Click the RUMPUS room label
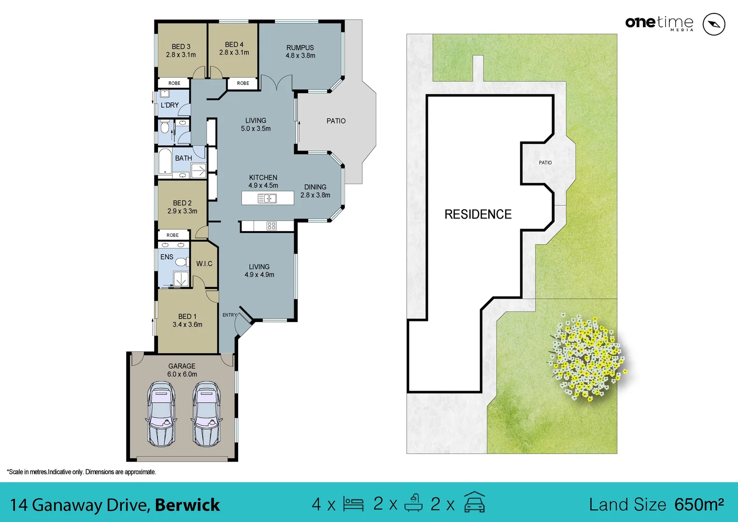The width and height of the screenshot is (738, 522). point(300,47)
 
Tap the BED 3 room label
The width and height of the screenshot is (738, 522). point(181,46)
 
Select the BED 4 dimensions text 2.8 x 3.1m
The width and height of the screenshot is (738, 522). point(234,52)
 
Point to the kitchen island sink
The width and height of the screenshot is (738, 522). point(267,198)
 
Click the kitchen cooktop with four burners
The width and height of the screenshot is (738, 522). point(271,226)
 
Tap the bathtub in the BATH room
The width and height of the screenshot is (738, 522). point(165,161)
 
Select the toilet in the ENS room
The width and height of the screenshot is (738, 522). point(181,261)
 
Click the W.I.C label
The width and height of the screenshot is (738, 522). point(204,263)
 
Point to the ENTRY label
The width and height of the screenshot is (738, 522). point(229,315)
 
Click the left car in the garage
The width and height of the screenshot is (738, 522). point(161,414)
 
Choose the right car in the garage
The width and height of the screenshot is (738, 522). point(207,414)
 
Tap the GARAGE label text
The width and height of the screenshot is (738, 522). point(182,366)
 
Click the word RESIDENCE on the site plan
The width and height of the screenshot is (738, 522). point(478,214)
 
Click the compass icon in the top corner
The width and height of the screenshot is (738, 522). point(713,24)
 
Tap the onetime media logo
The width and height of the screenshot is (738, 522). point(659,23)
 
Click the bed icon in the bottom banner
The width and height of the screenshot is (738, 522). point(353,504)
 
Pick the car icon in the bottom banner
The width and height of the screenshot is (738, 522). point(474,503)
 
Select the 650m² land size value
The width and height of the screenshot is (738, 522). point(699,505)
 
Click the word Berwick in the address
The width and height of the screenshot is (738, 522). point(187,505)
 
